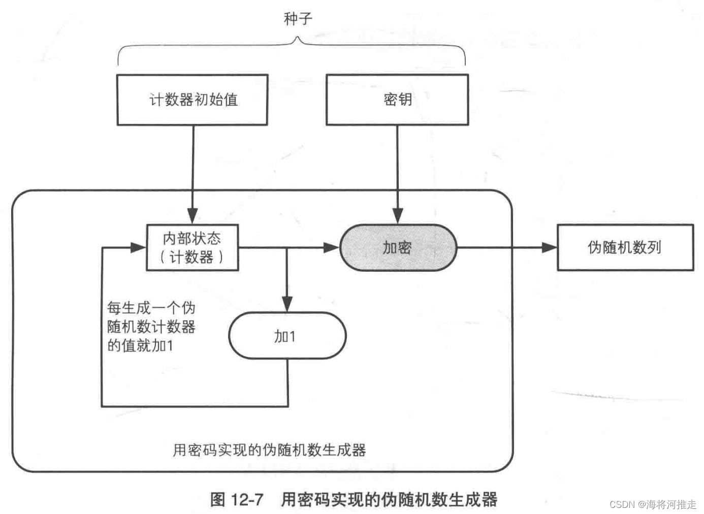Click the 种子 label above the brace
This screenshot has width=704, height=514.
pyautogui.click(x=298, y=19)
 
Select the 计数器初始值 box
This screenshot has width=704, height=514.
pyautogui.click(x=193, y=100)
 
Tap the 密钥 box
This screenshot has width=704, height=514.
pyautogui.click(x=397, y=100)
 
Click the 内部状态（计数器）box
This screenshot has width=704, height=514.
pyautogui.click(x=192, y=248)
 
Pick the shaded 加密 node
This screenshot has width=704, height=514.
pyautogui.click(x=398, y=248)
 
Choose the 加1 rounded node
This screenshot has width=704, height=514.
pyautogui.click(x=287, y=336)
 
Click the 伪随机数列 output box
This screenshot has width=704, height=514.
pyautogui.click(x=625, y=247)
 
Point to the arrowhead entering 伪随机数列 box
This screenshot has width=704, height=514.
pyautogui.click(x=550, y=247)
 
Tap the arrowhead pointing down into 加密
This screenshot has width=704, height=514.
pyautogui.click(x=398, y=216)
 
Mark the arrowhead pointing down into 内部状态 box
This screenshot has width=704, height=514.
pyautogui.click(x=193, y=216)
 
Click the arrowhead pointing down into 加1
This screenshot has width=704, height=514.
pyautogui.click(x=287, y=304)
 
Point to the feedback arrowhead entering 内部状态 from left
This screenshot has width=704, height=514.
pyautogui.click(x=139, y=248)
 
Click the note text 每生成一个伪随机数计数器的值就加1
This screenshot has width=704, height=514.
pyautogui.click(x=151, y=327)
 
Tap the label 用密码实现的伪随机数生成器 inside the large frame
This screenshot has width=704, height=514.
pyautogui.click(x=269, y=450)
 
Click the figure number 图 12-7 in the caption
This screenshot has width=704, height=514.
pyautogui.click(x=236, y=500)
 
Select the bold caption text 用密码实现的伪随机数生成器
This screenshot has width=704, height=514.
pyautogui.click(x=389, y=500)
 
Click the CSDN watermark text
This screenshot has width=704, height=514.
pyautogui.click(x=652, y=504)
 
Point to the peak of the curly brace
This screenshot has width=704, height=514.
pyautogui.click(x=298, y=38)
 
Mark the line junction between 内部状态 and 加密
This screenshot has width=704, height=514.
pyautogui.click(x=287, y=248)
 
